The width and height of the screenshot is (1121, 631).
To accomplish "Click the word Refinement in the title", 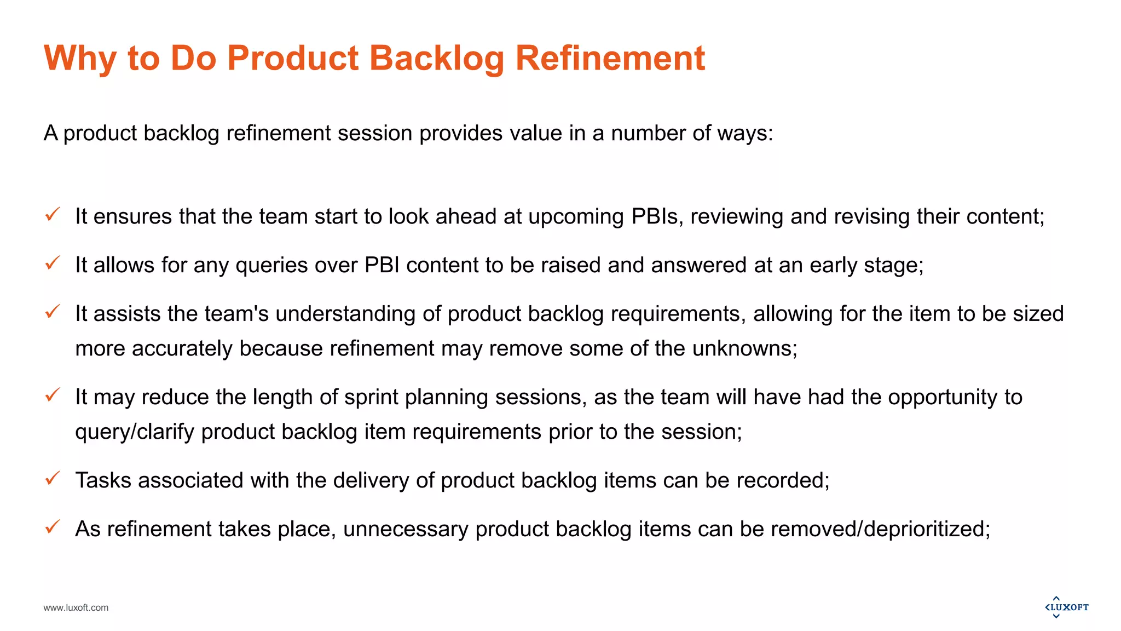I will (x=610, y=58).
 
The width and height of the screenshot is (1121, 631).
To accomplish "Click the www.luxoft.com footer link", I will (x=76, y=607).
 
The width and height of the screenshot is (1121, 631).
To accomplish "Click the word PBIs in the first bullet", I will (x=656, y=216).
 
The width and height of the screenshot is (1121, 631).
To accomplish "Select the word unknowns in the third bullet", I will (x=744, y=349).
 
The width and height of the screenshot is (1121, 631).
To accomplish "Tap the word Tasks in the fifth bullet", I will (x=103, y=480).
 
